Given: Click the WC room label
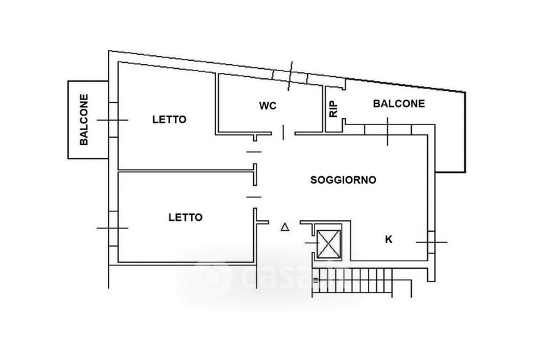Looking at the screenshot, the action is [267, 105].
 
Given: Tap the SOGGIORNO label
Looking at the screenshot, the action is [343, 180].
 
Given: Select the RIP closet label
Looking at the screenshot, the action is [333, 109].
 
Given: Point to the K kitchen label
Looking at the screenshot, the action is [389, 239].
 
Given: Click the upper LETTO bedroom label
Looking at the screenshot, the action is [169, 120].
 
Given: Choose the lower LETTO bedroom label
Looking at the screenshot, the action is [185, 217].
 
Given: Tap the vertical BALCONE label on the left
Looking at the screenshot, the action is [84, 120].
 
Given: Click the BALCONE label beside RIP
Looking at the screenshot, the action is [399, 104].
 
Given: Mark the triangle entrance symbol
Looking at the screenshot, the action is [285, 227].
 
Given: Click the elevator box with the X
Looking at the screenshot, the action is [328, 244].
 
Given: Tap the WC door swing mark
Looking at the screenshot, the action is [283, 132].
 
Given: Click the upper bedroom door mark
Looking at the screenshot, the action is [254, 151].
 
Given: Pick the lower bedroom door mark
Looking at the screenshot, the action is [254, 197].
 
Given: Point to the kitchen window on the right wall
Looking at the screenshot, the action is [431, 242].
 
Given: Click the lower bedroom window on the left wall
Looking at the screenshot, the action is [113, 228].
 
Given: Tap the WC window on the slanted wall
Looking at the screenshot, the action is [290, 77].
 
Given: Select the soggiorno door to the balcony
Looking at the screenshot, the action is [387, 130].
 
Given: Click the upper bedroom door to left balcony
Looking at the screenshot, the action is [113, 120].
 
